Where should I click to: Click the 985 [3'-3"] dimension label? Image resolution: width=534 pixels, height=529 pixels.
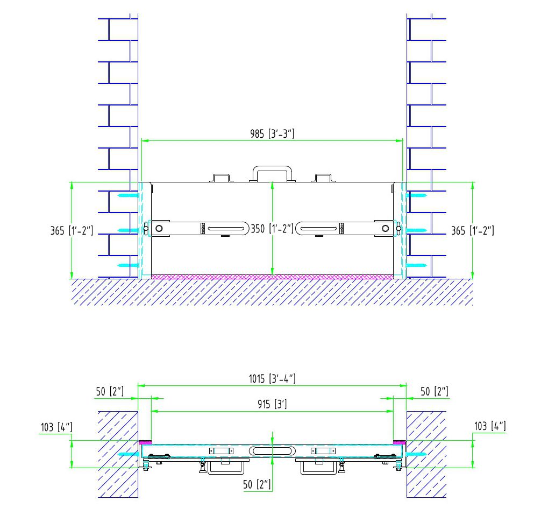tap(272, 133)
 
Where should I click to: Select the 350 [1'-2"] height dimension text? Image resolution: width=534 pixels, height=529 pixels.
tap(272, 228)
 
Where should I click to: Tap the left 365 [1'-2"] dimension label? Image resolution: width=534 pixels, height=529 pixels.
tap(72, 231)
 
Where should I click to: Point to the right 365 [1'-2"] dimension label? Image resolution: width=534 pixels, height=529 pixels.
tap(472, 231)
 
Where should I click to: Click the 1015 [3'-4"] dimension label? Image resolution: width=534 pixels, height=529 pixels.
tap(272, 379)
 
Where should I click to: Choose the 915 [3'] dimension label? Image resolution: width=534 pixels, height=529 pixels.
tap(272, 404)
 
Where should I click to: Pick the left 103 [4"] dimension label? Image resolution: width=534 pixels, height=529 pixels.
tap(56, 427)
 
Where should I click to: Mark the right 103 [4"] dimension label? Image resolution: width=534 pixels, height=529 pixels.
tap(490, 426)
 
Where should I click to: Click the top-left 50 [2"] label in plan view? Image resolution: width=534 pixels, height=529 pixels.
tap(110, 391)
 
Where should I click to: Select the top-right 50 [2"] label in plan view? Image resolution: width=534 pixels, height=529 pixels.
tap(434, 391)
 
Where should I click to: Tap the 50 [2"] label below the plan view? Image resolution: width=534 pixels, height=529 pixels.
tap(257, 484)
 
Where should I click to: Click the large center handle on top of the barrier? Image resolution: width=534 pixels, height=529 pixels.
tap(272, 174)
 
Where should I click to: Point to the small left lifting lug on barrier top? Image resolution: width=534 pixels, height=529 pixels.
tap(221, 178)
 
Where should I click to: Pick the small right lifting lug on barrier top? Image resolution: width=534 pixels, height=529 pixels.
tap(323, 178)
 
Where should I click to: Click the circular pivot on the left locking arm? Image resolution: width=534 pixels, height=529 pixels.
tap(159, 228)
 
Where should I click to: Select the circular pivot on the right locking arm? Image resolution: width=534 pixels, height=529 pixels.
tap(385, 228)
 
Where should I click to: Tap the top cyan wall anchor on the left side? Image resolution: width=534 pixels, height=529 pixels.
tap(128, 196)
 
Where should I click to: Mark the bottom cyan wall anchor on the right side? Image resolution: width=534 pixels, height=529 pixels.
tap(416, 265)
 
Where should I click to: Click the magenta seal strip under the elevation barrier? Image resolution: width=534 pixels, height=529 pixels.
tap(272, 277)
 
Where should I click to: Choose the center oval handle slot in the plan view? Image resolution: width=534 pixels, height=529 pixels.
tap(272, 451)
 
